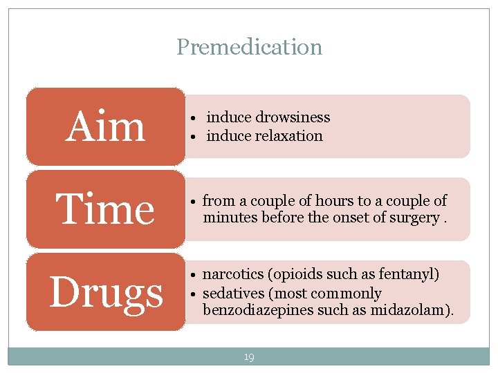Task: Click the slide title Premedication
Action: coord(249,47)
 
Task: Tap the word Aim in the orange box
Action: coord(105,127)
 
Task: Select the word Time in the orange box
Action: coord(105,209)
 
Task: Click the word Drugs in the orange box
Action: coord(106,292)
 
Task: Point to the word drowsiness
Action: coord(293,117)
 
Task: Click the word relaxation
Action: coord(288,136)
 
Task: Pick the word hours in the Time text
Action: coord(335,201)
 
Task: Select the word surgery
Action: coord(414,218)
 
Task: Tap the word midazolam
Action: coord(415,310)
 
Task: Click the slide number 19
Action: coord(249,357)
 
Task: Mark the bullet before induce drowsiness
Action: coord(196,118)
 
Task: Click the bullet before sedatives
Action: coord(196,294)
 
